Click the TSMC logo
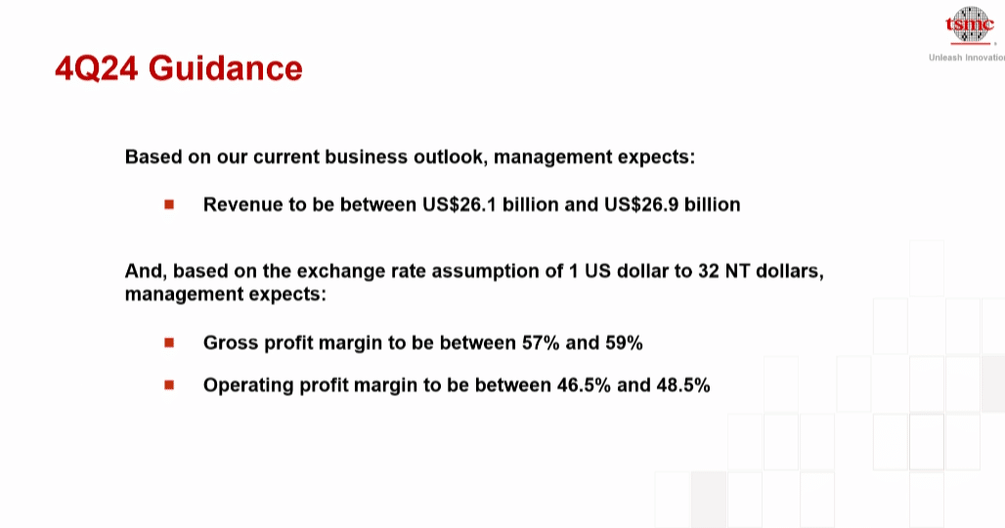[970, 25]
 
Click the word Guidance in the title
[226, 67]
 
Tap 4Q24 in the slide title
[96, 68]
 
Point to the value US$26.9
[641, 204]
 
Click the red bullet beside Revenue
[169, 204]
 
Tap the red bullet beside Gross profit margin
[169, 343]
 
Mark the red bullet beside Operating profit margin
[169, 385]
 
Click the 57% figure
[541, 343]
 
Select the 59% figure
[624, 343]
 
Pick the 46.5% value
[584, 385]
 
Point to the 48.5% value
[683, 385]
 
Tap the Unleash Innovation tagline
[967, 58]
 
